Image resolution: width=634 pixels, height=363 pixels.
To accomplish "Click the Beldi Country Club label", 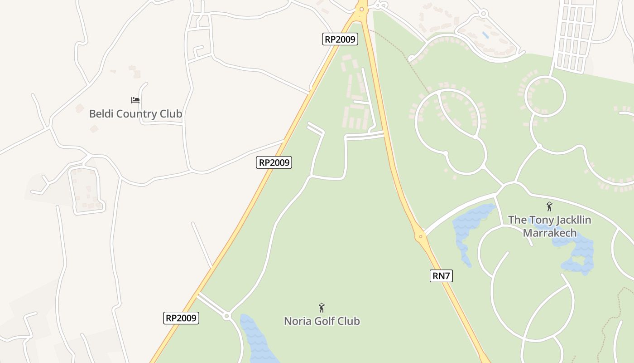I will point(135,113).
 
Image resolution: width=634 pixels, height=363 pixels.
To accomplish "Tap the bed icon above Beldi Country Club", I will point(135,100).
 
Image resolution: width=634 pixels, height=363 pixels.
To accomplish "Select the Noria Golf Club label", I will point(322,321).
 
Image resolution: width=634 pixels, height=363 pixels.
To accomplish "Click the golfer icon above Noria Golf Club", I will point(322,308).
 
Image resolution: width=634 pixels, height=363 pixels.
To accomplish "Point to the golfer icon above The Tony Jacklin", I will point(549,206).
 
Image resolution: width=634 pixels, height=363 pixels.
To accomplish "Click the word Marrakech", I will point(549,233).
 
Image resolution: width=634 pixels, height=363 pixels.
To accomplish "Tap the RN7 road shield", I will point(441,275).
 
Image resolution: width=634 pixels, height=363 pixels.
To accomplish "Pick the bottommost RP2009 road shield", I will point(181,318).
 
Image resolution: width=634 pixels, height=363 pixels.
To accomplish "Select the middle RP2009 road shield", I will point(274,162).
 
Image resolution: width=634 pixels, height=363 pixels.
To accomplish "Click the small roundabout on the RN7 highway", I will point(421,236).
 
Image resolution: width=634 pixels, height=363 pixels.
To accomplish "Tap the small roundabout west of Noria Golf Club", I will point(227,316).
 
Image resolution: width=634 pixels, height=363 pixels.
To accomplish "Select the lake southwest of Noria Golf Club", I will point(256,338).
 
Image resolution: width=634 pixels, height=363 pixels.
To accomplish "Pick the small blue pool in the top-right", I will point(485,34).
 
